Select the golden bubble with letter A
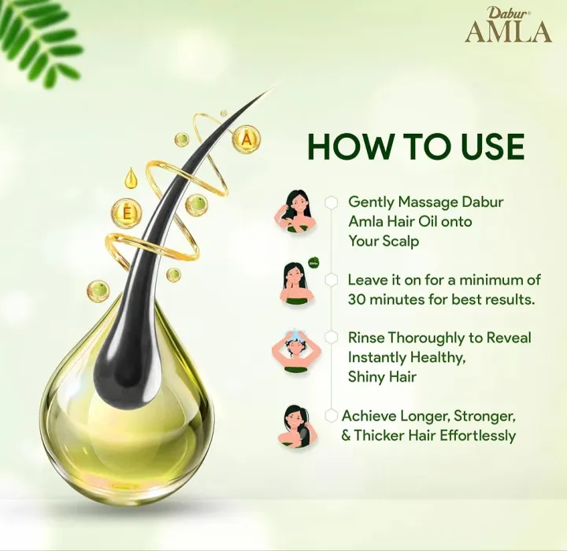coord(247,139)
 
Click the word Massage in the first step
coord(418,202)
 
